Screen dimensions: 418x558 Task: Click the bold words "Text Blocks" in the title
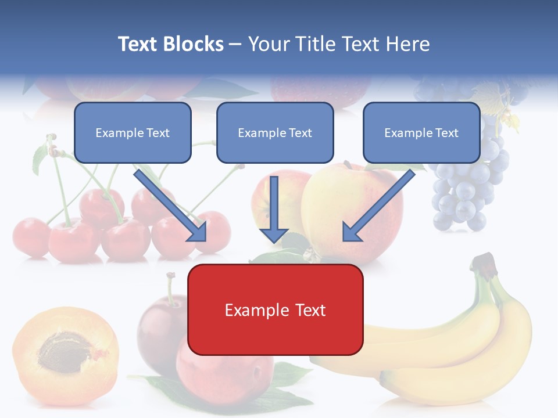pos(170,44)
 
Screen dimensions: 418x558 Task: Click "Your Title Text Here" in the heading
pos(338,44)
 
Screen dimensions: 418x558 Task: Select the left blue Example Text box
pos(133,133)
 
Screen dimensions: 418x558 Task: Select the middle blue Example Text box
pos(275,133)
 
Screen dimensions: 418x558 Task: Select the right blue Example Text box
pos(421,133)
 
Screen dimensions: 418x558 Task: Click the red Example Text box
pos(275,310)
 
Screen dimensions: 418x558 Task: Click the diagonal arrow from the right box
pos(378,206)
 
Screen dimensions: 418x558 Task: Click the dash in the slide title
pos(235,45)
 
